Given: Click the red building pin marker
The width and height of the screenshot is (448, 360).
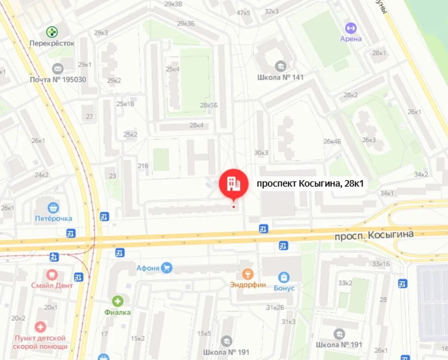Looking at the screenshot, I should [233, 183].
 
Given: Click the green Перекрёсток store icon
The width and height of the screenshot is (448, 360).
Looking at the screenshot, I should [52, 32].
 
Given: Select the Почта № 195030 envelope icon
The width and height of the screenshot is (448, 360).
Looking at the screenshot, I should [57, 69].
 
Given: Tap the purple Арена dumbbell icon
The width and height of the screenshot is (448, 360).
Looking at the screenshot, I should [351, 27].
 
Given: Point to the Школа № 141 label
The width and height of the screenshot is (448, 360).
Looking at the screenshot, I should [280, 77].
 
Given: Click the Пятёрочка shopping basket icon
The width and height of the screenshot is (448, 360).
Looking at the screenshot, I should [53, 207].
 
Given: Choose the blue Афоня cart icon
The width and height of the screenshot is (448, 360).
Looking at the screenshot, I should [167, 268].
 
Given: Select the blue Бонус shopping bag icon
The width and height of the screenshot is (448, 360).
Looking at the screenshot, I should [283, 277].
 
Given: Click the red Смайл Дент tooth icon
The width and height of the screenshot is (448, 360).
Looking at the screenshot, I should [52, 275].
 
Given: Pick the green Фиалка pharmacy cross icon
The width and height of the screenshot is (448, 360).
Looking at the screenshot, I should [118, 302].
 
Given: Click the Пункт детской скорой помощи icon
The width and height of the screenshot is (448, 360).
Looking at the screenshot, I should [40, 327].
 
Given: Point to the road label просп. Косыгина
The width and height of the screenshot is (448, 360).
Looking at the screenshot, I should [374, 235].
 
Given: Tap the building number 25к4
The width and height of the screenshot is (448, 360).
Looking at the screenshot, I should [172, 69].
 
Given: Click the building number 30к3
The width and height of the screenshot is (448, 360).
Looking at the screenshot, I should [261, 153].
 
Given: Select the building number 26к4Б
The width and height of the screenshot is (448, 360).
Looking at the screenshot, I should [332, 142].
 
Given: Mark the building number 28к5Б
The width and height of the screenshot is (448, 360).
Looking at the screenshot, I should [209, 105].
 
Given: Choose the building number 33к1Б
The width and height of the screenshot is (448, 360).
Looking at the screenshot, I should [381, 264].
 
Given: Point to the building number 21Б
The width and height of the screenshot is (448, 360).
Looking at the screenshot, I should [143, 166].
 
